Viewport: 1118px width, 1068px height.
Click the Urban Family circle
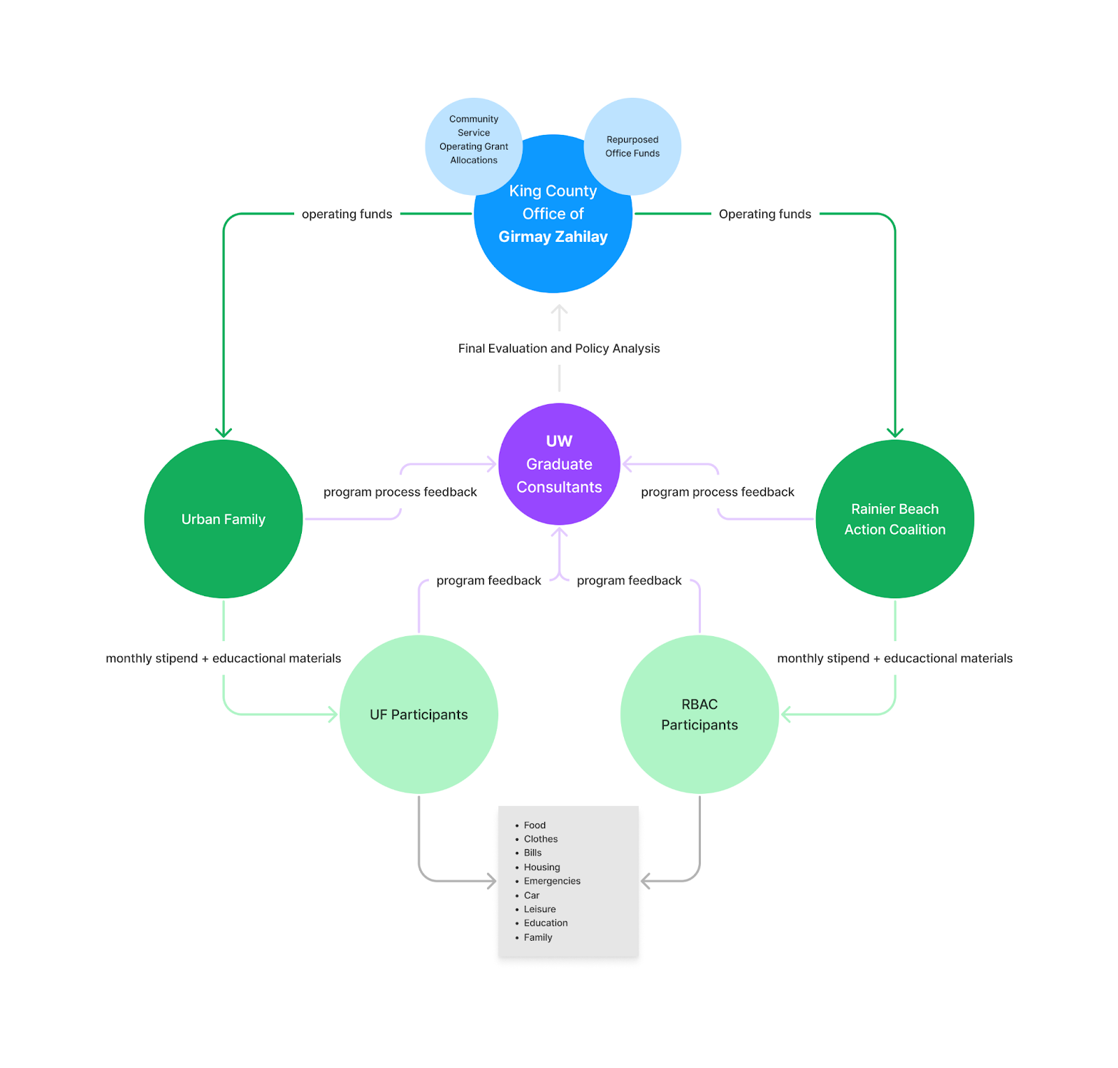[x=223, y=519]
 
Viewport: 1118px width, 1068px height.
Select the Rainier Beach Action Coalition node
[x=894, y=519]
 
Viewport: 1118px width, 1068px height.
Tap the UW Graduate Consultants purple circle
[x=559, y=464]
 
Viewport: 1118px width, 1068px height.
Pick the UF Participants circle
[x=419, y=714]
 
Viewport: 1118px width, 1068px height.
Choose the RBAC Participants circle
[x=699, y=714]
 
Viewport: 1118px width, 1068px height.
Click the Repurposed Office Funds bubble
[x=632, y=146]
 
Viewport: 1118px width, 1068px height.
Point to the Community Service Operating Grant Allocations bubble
[x=474, y=140]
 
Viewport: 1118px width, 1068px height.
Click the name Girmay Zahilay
[x=553, y=237]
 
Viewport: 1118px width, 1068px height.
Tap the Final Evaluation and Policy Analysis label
[x=559, y=348]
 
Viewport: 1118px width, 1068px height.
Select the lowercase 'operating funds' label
[x=347, y=214]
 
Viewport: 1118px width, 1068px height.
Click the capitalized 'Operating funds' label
[x=764, y=214]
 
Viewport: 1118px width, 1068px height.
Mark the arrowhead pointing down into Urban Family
[x=224, y=433]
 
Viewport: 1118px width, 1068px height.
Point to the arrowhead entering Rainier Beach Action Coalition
[x=895, y=433]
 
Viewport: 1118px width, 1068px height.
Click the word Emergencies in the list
[x=552, y=881]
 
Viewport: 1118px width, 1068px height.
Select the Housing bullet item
[x=542, y=867]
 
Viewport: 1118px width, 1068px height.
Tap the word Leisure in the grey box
[x=539, y=909]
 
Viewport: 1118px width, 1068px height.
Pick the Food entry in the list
[x=535, y=825]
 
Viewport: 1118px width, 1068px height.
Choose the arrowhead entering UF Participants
[x=333, y=714]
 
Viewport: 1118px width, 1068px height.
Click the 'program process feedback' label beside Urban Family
[x=400, y=492]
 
